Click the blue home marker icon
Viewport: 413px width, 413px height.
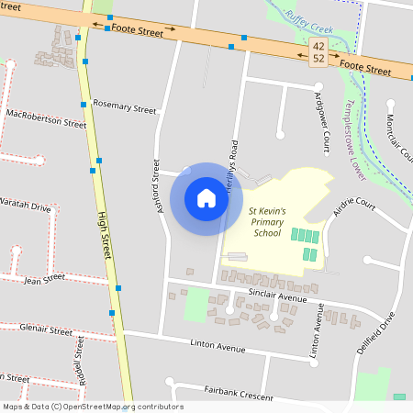[x=206, y=198]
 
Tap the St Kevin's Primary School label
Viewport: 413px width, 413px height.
[x=268, y=221]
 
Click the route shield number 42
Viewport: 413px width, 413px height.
[x=318, y=44]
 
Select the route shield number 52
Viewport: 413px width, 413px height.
[x=318, y=58]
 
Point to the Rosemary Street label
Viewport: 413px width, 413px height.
[x=125, y=107]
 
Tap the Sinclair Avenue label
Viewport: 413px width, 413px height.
[x=277, y=296]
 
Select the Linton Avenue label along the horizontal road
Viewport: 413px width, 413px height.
[x=218, y=348]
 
